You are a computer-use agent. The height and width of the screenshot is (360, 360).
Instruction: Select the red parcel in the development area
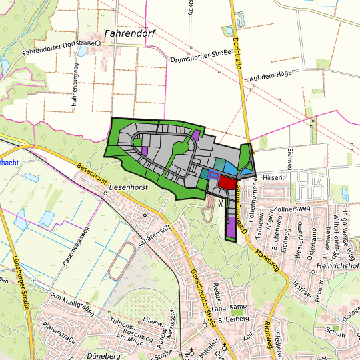point(227,182)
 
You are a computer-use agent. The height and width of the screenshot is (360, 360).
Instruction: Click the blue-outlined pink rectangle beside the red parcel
point(214,175)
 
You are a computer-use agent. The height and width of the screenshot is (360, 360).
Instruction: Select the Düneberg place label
point(106,355)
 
